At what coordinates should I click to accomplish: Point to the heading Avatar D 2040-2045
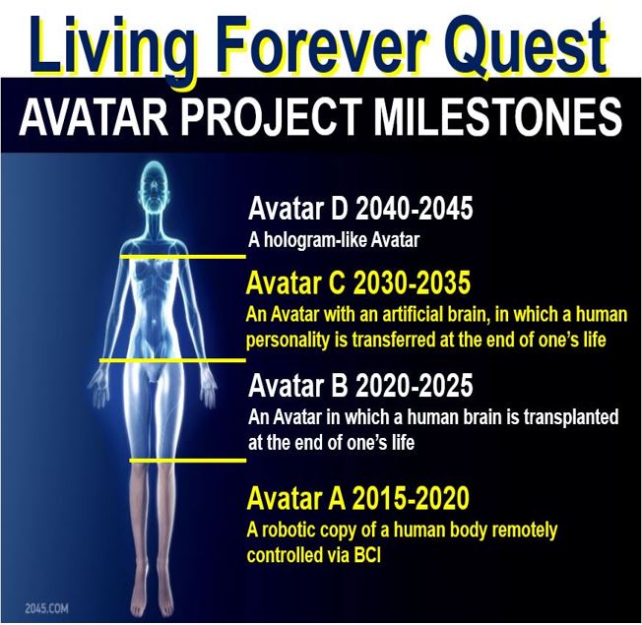[x=360, y=208]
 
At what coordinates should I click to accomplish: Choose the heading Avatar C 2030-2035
[x=358, y=282]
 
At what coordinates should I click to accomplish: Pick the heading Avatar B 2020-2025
[x=360, y=385]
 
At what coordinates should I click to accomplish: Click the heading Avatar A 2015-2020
[x=357, y=498]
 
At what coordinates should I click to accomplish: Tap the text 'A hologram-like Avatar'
[x=334, y=240]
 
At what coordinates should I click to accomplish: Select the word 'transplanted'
[x=571, y=418]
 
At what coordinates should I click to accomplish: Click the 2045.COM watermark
[x=46, y=608]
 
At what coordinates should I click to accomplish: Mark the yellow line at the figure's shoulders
[x=183, y=257]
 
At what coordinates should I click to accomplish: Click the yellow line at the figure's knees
[x=188, y=461]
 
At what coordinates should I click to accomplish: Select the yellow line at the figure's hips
[x=172, y=360]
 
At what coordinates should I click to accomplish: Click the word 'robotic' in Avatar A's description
[x=289, y=531]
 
